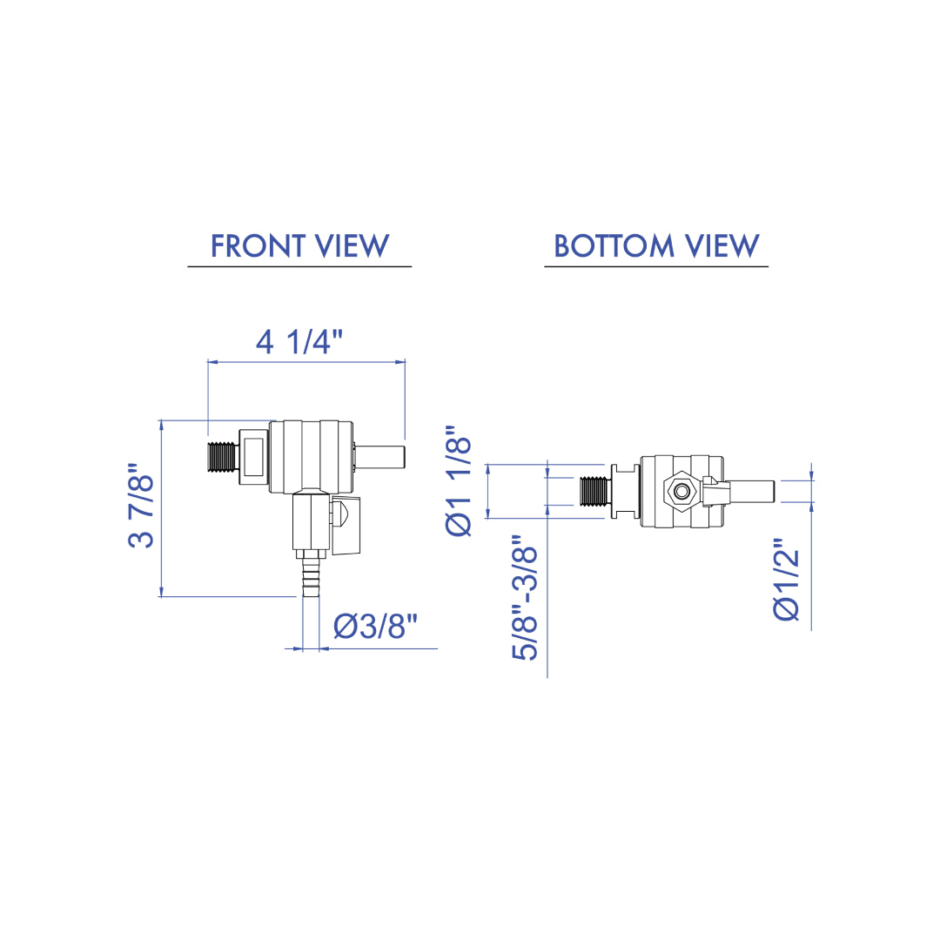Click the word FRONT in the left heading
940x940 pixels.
pos(258,245)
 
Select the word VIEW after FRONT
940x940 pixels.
pos(352,245)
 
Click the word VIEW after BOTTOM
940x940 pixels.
pos(722,245)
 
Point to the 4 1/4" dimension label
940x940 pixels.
pos(299,342)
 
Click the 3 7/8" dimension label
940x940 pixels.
pos(142,505)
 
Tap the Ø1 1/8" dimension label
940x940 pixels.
pos(459,480)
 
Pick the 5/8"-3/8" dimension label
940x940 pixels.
pos(525,598)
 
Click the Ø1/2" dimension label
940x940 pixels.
pos(787,579)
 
